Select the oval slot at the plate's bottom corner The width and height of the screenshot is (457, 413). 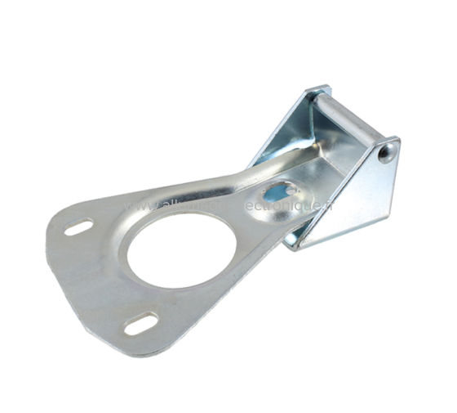point(138,325)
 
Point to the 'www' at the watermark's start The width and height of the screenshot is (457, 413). point(135,206)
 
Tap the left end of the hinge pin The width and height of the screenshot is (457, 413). point(317,99)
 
